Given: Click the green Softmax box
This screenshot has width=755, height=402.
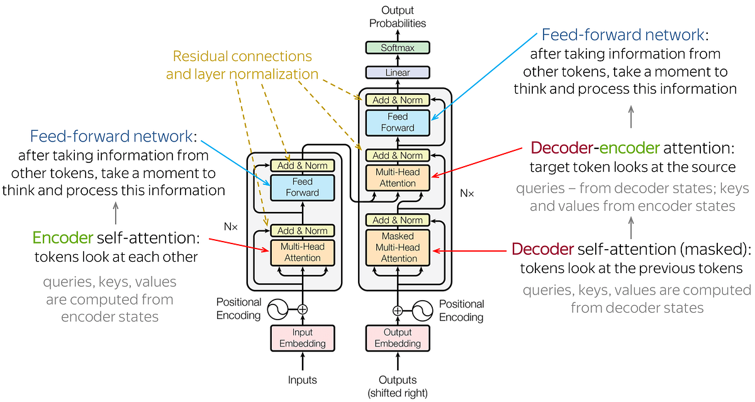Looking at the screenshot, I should pyautogui.click(x=398, y=48).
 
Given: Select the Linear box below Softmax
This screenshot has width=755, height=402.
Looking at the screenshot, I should pyautogui.click(x=398, y=73).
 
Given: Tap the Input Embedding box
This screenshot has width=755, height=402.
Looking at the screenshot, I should pyautogui.click(x=302, y=338).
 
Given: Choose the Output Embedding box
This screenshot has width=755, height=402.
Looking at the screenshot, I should pyautogui.click(x=398, y=338).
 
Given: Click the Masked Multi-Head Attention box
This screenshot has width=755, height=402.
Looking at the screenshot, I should pyautogui.click(x=398, y=247).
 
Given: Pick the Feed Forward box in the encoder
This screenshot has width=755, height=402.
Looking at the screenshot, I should pyautogui.click(x=302, y=187).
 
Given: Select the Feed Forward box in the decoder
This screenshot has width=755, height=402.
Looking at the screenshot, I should pyautogui.click(x=398, y=122).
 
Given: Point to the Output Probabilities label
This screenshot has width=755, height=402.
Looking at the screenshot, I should pyautogui.click(x=398, y=17).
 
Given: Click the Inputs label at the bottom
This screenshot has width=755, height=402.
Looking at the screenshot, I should pyautogui.click(x=302, y=380).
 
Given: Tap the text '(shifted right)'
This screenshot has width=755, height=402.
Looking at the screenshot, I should pyautogui.click(x=398, y=393).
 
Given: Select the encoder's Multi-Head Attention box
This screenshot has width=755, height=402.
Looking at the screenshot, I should pyautogui.click(x=302, y=252).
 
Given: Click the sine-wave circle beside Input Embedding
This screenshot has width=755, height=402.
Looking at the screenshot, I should pyautogui.click(x=277, y=309).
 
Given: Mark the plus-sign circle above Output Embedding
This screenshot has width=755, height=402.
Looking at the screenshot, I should pyautogui.click(x=398, y=310).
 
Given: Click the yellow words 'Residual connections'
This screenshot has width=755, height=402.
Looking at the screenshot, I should pyautogui.click(x=242, y=56).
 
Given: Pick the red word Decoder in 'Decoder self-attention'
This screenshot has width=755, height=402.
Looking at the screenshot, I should pyautogui.click(x=542, y=249).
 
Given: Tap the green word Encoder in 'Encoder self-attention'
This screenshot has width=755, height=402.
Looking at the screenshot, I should pyautogui.click(x=62, y=238).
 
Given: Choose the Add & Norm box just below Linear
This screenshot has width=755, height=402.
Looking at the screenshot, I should pyautogui.click(x=398, y=100).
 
